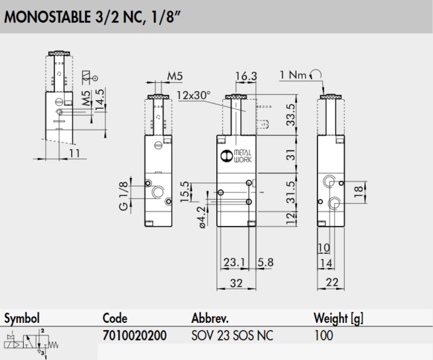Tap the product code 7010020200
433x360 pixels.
click(x=134, y=335)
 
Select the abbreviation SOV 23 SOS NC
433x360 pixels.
click(x=232, y=335)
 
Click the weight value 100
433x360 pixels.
click(x=323, y=335)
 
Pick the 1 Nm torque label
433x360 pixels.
click(x=294, y=75)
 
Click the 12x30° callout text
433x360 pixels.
click(x=193, y=95)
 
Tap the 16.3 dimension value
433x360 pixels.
click(x=246, y=76)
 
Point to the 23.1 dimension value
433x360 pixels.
click(x=234, y=262)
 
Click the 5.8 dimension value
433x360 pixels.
click(x=265, y=262)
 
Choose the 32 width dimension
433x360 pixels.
click(x=236, y=283)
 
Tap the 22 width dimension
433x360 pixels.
click(x=332, y=283)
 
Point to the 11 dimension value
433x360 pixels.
click(x=75, y=153)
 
